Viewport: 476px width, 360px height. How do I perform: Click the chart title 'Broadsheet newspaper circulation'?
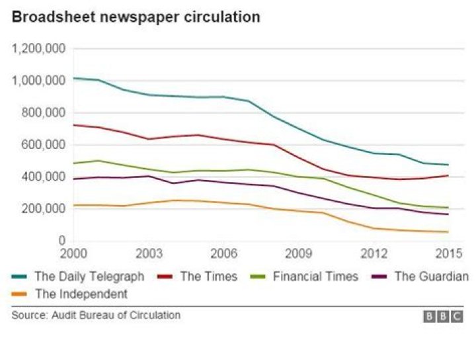[136, 17]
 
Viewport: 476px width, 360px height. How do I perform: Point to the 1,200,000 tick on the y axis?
[38, 48]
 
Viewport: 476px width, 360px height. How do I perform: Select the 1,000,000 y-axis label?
[38, 81]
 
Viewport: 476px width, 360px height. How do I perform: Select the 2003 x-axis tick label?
[149, 253]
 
